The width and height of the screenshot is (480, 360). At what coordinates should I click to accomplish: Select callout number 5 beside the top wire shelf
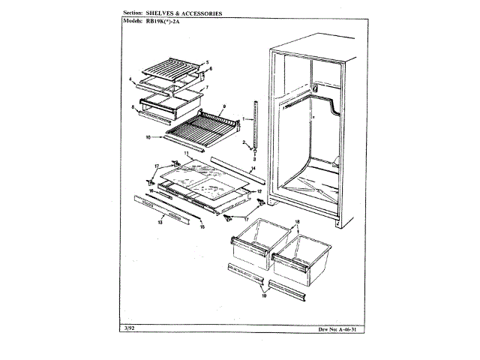[208, 61]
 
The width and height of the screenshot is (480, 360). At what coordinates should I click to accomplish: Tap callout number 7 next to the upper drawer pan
[207, 88]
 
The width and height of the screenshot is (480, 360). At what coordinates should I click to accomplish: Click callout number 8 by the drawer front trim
[133, 108]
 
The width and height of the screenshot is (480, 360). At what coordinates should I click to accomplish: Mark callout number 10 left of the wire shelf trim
[148, 137]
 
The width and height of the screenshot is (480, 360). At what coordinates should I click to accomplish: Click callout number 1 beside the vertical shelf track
[244, 118]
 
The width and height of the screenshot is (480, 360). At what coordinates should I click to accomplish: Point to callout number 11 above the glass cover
[186, 153]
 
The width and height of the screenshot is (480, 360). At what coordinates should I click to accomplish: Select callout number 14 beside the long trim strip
[253, 169]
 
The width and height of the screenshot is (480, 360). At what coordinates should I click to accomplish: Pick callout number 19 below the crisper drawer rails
[262, 296]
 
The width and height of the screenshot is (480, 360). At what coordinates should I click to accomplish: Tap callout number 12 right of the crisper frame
[259, 192]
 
